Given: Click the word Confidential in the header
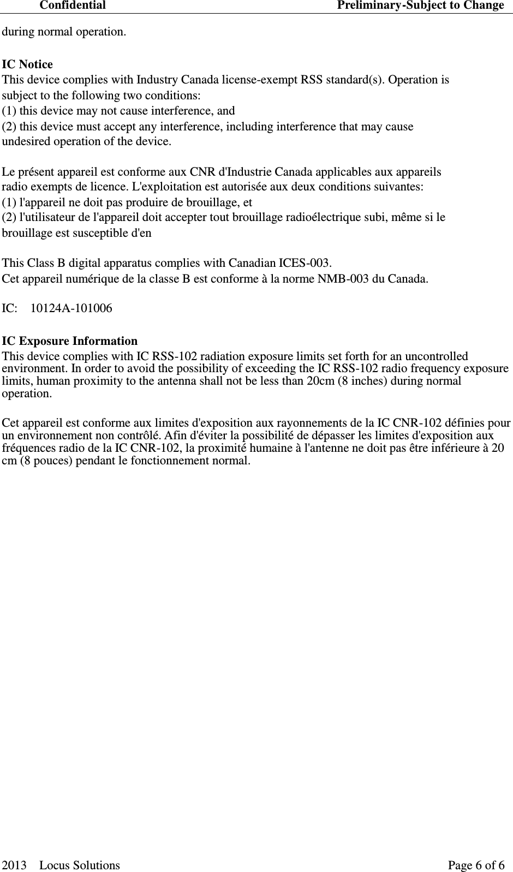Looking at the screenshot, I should pos(73,5).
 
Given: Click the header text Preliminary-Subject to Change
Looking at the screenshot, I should pos(420,5).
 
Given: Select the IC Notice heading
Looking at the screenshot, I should pos(28,64).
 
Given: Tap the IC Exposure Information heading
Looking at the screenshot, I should pos(70,341).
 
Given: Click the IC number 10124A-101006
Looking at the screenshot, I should pos(71,309).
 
